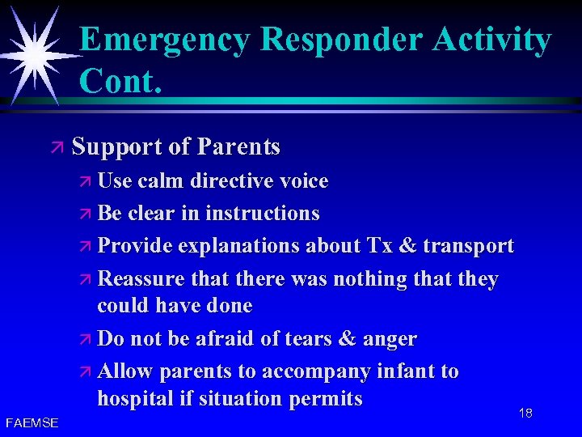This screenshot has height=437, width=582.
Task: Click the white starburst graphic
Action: coord(35,53)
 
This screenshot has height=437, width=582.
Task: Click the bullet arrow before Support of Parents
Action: coord(57,148)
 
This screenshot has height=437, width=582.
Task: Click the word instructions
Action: coord(263,214)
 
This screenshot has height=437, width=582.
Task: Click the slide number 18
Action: coord(525,414)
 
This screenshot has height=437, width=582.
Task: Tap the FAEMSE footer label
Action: coord(32,423)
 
